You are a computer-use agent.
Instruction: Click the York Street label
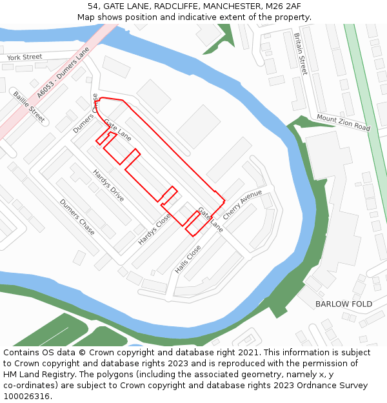25,57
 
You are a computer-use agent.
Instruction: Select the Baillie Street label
29,106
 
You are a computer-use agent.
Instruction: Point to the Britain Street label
301,54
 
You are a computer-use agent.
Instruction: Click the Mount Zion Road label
343,123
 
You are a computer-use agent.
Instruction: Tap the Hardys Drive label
108,186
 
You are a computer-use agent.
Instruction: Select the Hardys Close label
155,229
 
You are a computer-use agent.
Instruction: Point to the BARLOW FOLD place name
344,304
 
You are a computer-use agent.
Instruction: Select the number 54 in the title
93,6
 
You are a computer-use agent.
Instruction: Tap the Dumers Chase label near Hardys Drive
77,217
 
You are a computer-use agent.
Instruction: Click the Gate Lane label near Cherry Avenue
210,219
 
